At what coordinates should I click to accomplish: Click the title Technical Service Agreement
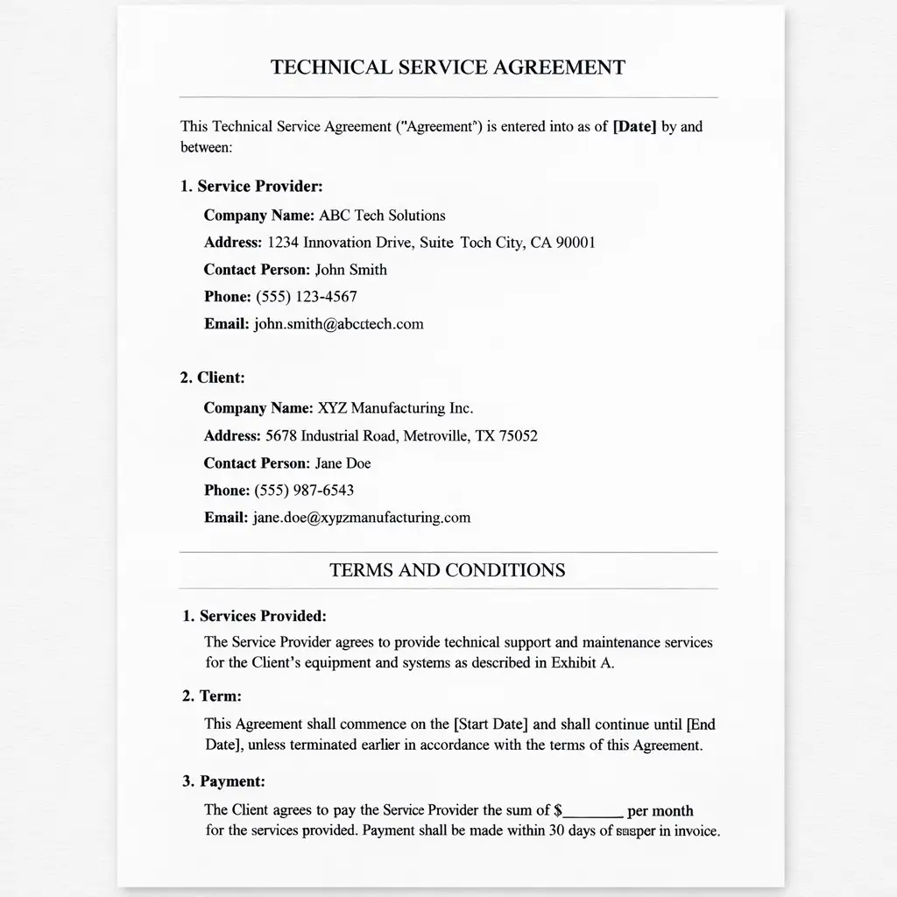pos(448,67)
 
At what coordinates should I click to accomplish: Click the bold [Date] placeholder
pos(634,126)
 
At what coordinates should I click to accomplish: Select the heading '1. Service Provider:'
pos(251,186)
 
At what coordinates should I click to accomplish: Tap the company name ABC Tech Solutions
pos(382,215)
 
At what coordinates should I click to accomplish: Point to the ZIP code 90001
pos(576,243)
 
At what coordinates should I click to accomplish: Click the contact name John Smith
pos(350,269)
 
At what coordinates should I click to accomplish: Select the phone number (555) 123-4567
pos(306,296)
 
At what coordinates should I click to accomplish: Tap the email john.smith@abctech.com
pos(338,323)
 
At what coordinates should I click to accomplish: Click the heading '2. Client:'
pos(212,378)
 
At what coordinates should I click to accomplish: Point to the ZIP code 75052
pos(519,435)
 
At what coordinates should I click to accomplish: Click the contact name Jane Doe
pos(343,463)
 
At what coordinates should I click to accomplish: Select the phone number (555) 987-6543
pos(304,490)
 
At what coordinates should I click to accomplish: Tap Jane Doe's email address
pos(362,517)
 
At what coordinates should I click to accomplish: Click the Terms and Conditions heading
pos(448,570)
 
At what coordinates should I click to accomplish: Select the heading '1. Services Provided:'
pos(254,616)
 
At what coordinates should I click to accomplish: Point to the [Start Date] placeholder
pos(491,724)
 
